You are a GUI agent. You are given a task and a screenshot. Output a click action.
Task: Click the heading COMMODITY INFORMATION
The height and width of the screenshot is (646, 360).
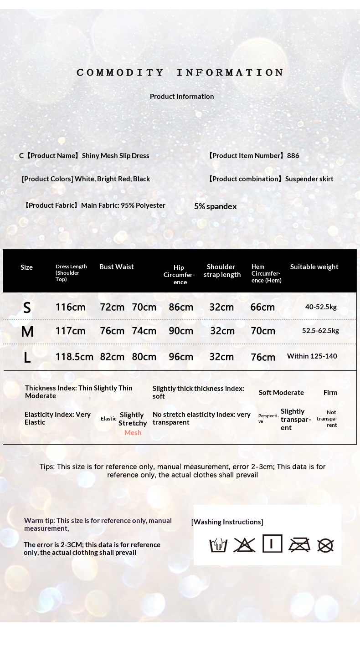pyautogui.click(x=180, y=73)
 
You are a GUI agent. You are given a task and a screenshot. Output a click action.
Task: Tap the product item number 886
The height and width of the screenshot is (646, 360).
pyautogui.click(x=293, y=156)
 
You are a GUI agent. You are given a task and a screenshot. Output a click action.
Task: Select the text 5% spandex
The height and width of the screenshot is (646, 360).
pyautogui.click(x=215, y=206)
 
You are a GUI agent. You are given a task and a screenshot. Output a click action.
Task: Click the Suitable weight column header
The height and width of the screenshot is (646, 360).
pyautogui.click(x=314, y=267)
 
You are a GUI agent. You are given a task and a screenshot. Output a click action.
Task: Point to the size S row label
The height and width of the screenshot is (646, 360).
pyautogui.click(x=27, y=308)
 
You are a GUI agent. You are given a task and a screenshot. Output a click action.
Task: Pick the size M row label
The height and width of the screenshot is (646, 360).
pyautogui.click(x=27, y=332)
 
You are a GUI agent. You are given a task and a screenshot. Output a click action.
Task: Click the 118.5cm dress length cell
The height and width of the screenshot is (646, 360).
pyautogui.click(x=74, y=357)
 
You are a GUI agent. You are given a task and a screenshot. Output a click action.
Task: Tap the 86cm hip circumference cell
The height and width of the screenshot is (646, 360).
pyautogui.click(x=181, y=308)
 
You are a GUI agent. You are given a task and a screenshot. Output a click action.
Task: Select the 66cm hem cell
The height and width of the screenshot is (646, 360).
pyautogui.click(x=262, y=308)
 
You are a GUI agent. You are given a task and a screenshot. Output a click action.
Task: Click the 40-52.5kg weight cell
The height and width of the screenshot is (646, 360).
pyautogui.click(x=321, y=307)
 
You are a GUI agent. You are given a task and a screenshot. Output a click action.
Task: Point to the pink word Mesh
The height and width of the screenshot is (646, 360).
pyautogui.click(x=133, y=433)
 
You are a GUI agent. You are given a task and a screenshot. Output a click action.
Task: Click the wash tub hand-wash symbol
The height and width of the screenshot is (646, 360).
pyautogui.click(x=218, y=545)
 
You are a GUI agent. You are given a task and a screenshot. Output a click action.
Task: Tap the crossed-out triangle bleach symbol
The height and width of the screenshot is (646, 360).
pyautogui.click(x=244, y=545)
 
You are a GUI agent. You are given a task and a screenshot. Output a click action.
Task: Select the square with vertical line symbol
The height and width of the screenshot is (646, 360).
pyautogui.click(x=272, y=543)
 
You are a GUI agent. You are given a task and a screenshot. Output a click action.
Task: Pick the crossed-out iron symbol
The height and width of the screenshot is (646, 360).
pyautogui.click(x=299, y=545)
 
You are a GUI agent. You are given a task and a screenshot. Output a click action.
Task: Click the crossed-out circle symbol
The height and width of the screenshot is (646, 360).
pyautogui.click(x=325, y=545)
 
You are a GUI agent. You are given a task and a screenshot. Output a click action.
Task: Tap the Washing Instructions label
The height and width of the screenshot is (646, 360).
pyautogui.click(x=227, y=522)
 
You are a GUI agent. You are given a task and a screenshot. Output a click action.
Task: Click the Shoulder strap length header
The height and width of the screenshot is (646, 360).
pyautogui.click(x=222, y=271)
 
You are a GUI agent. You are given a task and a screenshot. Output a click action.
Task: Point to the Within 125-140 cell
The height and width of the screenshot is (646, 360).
pyautogui.click(x=312, y=356)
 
